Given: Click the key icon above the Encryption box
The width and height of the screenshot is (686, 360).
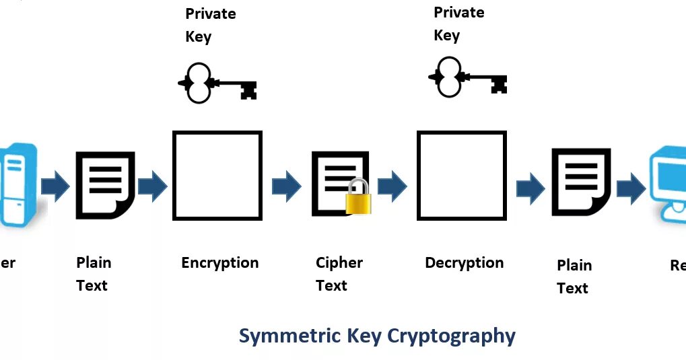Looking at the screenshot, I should [217, 84].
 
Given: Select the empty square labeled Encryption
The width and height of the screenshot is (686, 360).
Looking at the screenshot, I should [217, 175].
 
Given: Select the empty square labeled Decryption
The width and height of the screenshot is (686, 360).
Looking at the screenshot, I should [462, 175].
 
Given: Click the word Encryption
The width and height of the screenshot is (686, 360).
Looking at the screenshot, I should [220, 262].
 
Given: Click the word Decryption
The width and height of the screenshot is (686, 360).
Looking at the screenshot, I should [465, 262].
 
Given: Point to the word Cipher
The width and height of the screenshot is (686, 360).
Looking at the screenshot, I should [339, 262].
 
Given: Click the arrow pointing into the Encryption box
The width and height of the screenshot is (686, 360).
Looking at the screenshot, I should [152, 186].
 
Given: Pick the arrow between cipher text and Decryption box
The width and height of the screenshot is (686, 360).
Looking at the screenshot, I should [392, 186].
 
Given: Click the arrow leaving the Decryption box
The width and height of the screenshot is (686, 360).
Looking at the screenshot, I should [530, 188].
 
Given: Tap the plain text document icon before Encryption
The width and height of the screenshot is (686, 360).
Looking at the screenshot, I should [104, 185].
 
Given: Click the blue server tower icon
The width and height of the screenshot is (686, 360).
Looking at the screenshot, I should [19, 185].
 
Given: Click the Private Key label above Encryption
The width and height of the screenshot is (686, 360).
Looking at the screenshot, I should [210, 25].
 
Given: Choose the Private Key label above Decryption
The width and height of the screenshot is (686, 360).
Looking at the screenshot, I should [458, 24].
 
